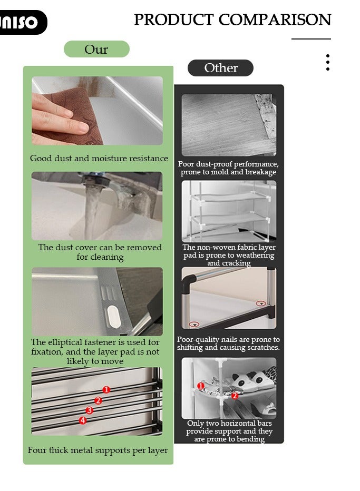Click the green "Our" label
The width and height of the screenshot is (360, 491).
click(x=96, y=49)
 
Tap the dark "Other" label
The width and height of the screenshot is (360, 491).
click(x=220, y=68)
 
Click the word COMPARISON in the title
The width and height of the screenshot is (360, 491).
click(x=275, y=19)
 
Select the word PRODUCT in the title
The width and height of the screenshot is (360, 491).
click(x=174, y=19)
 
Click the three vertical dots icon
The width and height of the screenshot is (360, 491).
click(x=328, y=62)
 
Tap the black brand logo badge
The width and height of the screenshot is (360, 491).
click(x=22, y=22)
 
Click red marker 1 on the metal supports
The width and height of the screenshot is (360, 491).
click(x=106, y=389)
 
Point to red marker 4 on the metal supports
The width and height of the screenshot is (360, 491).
click(x=83, y=420)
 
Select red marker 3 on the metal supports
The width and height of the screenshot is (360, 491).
click(x=90, y=410)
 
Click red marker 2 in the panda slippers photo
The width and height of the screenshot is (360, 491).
click(x=235, y=396)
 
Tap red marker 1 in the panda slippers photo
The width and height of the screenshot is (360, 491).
click(x=201, y=386)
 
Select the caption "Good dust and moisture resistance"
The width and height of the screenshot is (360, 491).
click(x=99, y=158)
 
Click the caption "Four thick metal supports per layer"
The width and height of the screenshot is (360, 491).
click(x=98, y=450)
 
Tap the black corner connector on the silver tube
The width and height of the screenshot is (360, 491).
click(x=189, y=283)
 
